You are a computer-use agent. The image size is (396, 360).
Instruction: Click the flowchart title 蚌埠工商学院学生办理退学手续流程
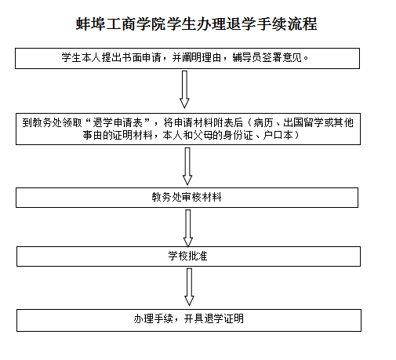[197, 24]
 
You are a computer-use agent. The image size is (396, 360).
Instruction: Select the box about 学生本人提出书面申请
[187, 58]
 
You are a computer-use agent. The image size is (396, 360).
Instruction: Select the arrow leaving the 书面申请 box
[184, 89]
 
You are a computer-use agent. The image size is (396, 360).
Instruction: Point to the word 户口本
[278, 135]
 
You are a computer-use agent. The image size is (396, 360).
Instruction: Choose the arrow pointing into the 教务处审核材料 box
[187, 166]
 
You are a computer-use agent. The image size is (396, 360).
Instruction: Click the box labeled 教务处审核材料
[187, 198]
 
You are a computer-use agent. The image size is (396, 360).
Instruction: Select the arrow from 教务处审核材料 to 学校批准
[188, 228]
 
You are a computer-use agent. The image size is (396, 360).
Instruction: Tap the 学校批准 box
[188, 256]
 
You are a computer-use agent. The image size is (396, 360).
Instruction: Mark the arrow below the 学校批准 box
[189, 287]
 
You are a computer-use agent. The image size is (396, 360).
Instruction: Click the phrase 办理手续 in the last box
[154, 318]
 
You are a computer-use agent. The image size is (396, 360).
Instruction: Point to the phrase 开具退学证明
[213, 318]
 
